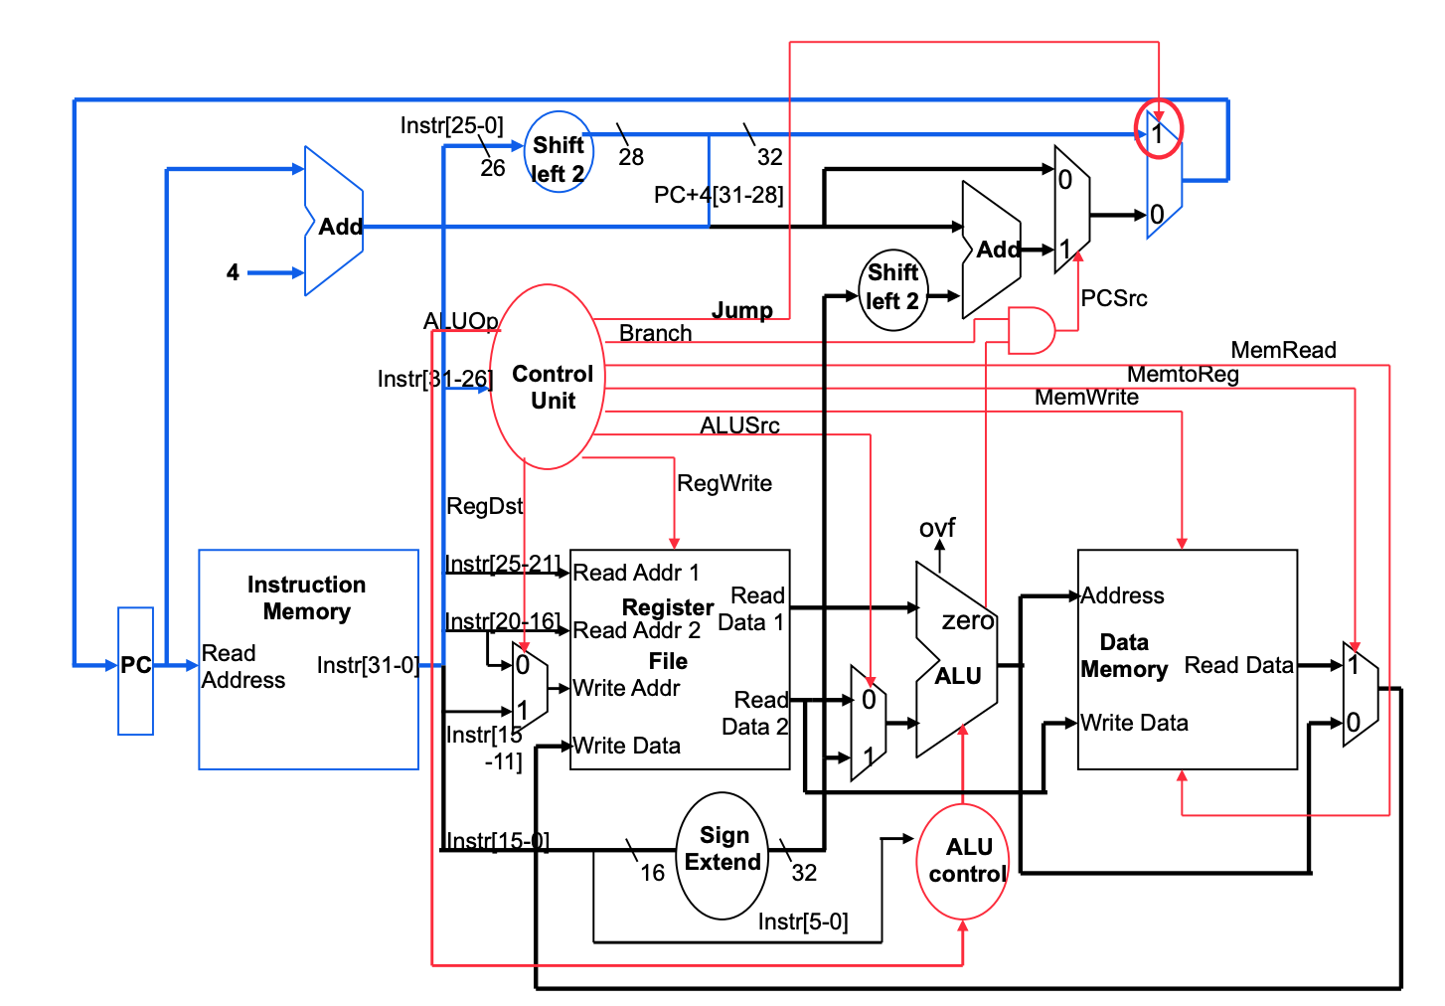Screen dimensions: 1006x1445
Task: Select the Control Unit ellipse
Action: coord(548,378)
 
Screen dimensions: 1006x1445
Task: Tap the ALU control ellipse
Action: coord(962,861)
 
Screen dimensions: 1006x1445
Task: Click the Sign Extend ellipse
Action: coord(722,854)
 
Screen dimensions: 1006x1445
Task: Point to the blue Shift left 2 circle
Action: coord(559,152)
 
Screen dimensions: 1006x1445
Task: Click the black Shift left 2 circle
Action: coord(892,289)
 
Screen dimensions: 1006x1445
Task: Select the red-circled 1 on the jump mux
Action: coord(1158,130)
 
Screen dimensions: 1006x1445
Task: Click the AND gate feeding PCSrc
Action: coord(1031,330)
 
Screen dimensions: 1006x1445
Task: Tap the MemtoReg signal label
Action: coord(1183,374)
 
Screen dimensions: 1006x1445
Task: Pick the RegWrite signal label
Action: coord(723,483)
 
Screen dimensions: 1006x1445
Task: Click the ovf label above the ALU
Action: coord(936,527)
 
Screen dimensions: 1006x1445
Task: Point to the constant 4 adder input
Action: coord(233,272)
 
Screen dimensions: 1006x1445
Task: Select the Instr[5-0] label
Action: coord(802,922)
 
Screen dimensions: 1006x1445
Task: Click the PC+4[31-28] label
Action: coord(718,195)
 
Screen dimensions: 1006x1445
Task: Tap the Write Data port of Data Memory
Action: coord(1134,723)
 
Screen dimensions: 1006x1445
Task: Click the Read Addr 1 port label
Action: coord(636,573)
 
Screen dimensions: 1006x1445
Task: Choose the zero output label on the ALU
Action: coord(967,621)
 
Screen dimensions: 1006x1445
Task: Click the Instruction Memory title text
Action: coord(306,597)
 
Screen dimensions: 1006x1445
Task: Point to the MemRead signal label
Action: coord(1283,350)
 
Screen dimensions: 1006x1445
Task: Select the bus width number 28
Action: coord(631,157)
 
